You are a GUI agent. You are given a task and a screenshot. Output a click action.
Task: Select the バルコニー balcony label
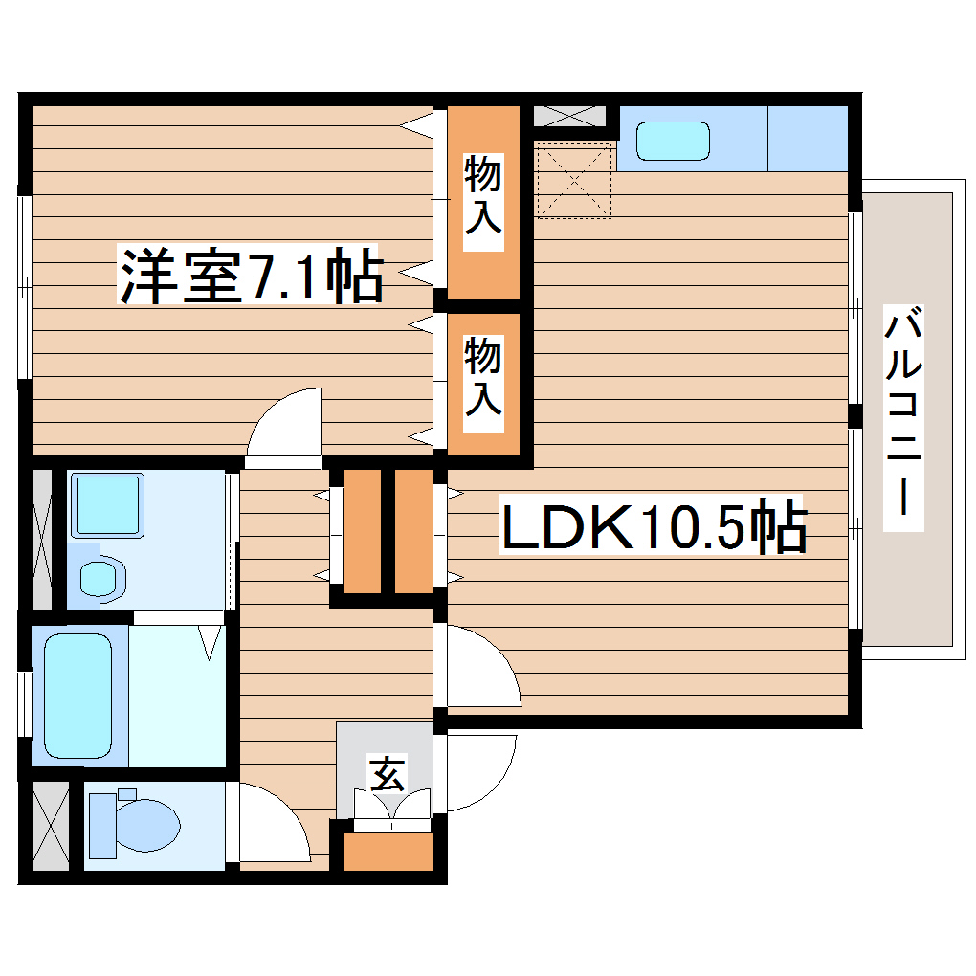click(x=903, y=418)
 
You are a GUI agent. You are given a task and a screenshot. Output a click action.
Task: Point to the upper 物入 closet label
click(x=483, y=195)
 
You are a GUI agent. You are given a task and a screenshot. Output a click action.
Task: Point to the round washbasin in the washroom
click(x=99, y=577)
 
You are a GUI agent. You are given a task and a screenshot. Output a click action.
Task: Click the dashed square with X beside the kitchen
click(x=572, y=180)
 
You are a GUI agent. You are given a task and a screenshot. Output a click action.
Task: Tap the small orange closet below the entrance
click(x=388, y=852)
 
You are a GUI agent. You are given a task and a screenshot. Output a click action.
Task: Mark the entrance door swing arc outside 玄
click(x=478, y=770)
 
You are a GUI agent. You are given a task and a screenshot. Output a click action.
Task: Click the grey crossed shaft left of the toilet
click(x=49, y=826)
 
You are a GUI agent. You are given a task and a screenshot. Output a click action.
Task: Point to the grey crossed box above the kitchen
click(x=569, y=116)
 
